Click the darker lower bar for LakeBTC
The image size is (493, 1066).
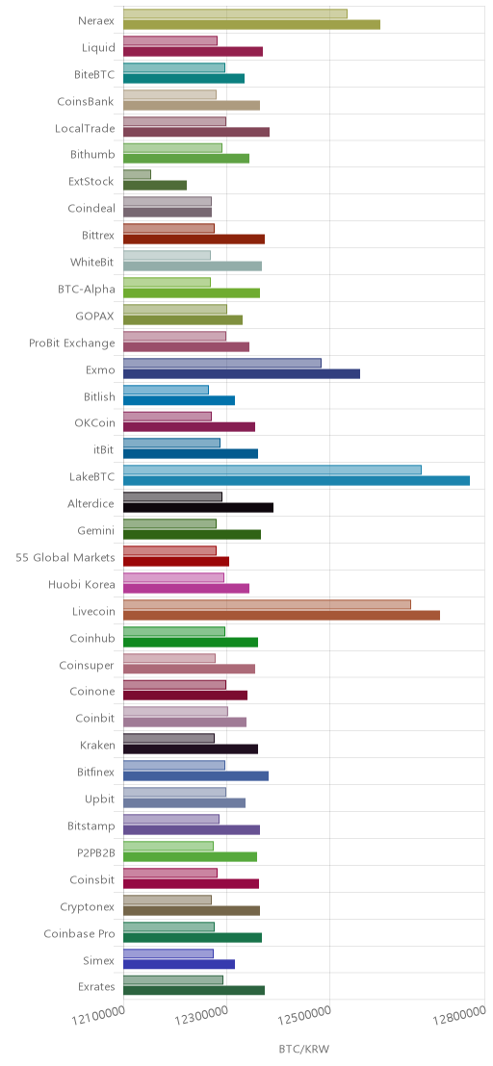tap(297, 481)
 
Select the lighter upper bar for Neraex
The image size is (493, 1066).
tap(235, 13)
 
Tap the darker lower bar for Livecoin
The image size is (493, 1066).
tap(281, 616)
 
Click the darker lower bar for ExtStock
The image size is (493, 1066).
tap(155, 185)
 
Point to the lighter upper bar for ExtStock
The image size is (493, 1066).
tap(138, 175)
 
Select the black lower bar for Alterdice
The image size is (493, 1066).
tap(198, 507)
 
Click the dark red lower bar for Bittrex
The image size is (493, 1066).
tap(194, 239)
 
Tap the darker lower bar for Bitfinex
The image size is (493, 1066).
tap(195, 775)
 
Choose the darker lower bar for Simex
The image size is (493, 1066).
tap(179, 964)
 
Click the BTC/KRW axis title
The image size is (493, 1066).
tap(304, 1049)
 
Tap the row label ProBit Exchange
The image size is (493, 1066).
tap(72, 343)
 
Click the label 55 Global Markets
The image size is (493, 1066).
tap(65, 558)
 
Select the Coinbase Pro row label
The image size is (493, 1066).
tap(80, 934)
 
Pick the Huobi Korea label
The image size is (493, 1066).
tap(82, 585)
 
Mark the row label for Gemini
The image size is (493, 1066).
tap(96, 531)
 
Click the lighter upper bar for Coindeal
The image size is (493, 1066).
tap(168, 202)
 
